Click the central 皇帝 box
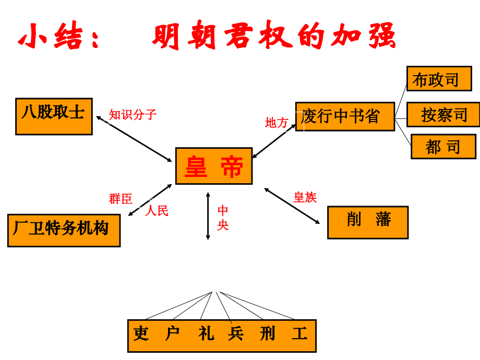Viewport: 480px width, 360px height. pos(213,166)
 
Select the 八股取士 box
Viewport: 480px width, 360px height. pos(54,116)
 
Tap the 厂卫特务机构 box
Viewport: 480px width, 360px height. pos(64,230)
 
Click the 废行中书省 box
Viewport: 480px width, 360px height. pos(345,116)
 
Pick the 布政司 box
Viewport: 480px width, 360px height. pos(439,79)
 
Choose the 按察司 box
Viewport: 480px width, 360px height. pos(443,115)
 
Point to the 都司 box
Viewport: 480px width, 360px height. pos(443,147)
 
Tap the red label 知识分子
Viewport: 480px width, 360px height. pos(133,115)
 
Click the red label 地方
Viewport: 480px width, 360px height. pos(277,123)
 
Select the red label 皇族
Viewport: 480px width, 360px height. pos(305,197)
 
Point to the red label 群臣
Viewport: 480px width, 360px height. pos(121,199)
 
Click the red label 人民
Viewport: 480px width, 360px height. pos(157,211)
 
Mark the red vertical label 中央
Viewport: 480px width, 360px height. pos(223,218)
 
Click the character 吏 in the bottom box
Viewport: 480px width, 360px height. pos(141,334)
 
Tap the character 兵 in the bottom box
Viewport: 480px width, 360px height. pos(236,334)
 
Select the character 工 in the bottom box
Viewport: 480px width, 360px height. pos(299,334)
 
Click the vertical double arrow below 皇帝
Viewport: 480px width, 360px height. pos(208,216)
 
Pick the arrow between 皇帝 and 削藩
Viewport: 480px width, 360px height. pos(292,206)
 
